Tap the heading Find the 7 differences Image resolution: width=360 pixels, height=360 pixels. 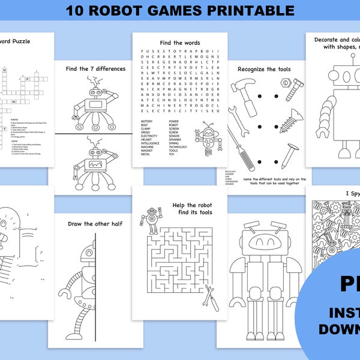tap(95, 68)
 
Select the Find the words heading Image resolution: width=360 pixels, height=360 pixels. tap(179, 43)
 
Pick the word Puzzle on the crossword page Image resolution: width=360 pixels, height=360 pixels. tap(19, 41)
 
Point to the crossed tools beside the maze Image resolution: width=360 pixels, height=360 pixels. tap(211, 297)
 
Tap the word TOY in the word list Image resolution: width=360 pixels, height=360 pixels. tap(172, 154)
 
